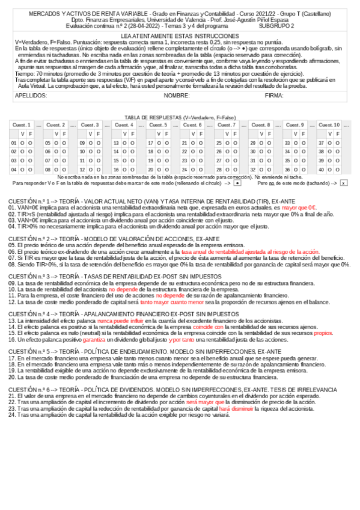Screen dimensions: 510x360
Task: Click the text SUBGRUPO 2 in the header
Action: (x=276, y=26)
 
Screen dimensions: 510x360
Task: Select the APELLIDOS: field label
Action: (x=31, y=96)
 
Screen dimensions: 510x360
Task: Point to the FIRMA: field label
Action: (x=274, y=96)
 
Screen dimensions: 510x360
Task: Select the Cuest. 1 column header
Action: (x=21, y=124)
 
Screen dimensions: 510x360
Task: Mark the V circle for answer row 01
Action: (x=22, y=143)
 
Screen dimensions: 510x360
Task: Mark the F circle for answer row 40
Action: (x=338, y=170)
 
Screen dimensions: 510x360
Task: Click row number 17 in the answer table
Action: (x=151, y=143)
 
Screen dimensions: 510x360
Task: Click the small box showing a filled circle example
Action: (x=237, y=183)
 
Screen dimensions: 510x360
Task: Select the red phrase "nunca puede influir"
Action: (x=118, y=321)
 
